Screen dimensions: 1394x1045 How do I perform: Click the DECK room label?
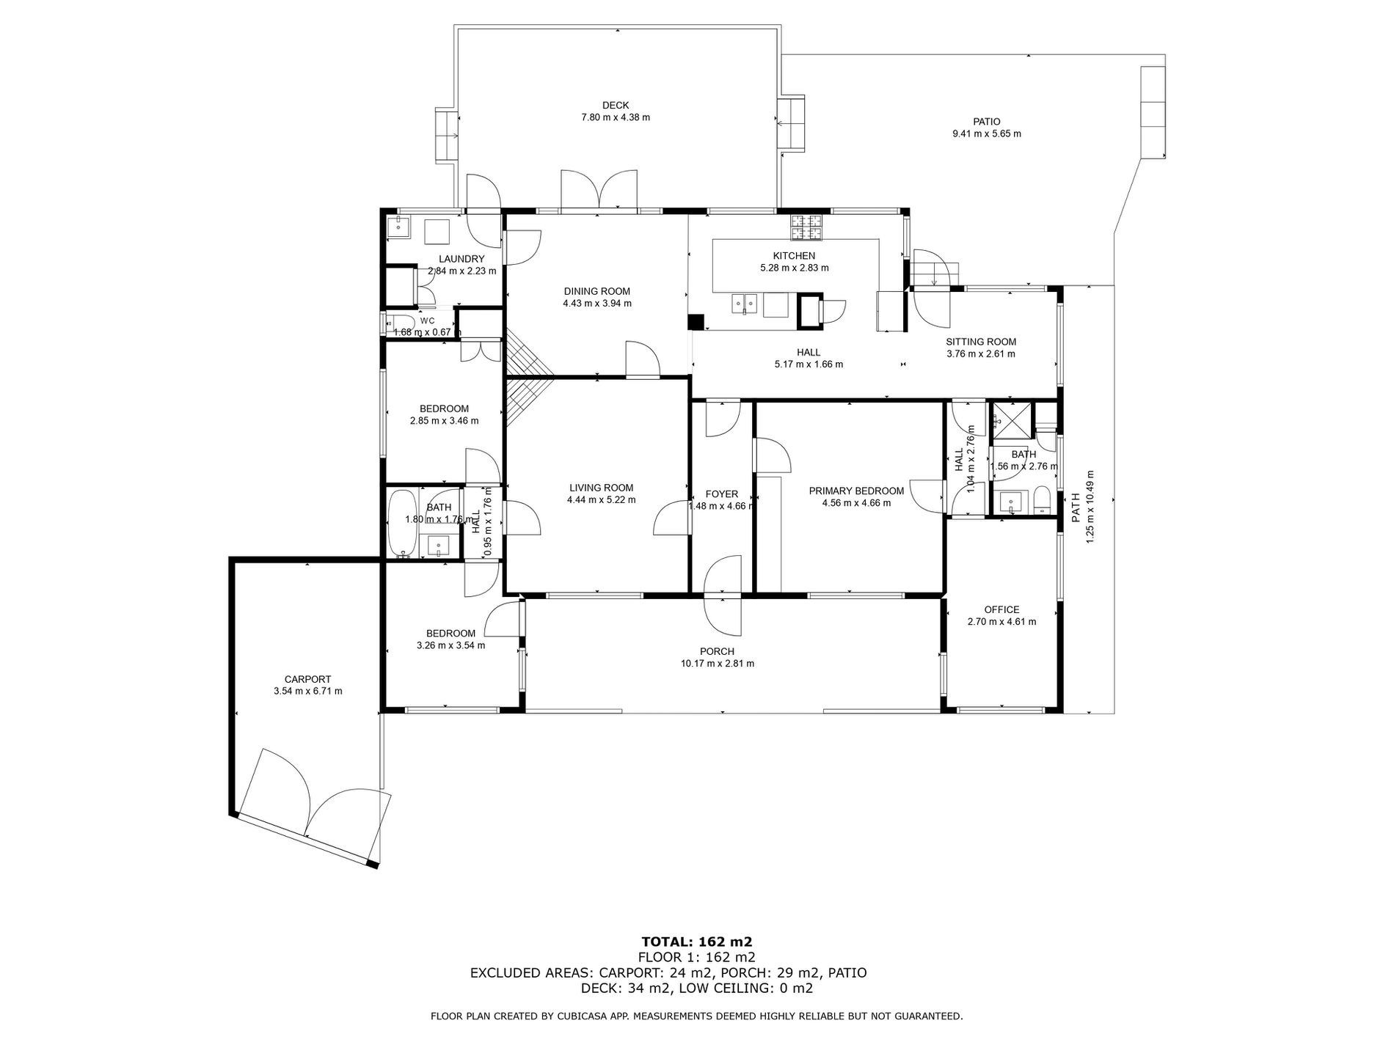point(616,106)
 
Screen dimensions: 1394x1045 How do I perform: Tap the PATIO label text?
point(987,122)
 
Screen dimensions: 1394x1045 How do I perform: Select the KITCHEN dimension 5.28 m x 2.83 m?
point(794,268)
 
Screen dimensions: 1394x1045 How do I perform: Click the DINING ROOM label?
point(597,291)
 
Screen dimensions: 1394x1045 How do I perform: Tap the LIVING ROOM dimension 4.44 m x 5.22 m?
point(601,500)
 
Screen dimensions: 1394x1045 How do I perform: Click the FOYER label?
point(722,494)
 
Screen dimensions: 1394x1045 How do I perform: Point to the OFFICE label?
point(1001,609)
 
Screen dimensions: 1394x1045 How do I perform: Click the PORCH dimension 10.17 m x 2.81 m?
point(717,664)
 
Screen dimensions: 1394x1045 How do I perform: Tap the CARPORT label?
point(307,679)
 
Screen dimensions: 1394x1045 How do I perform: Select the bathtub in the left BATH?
point(401,523)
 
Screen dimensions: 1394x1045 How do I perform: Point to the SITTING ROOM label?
point(981,342)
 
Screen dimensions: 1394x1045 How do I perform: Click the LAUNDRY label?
point(461,259)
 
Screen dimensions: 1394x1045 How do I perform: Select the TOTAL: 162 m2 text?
point(697,942)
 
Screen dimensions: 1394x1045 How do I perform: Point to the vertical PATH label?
point(1076,507)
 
